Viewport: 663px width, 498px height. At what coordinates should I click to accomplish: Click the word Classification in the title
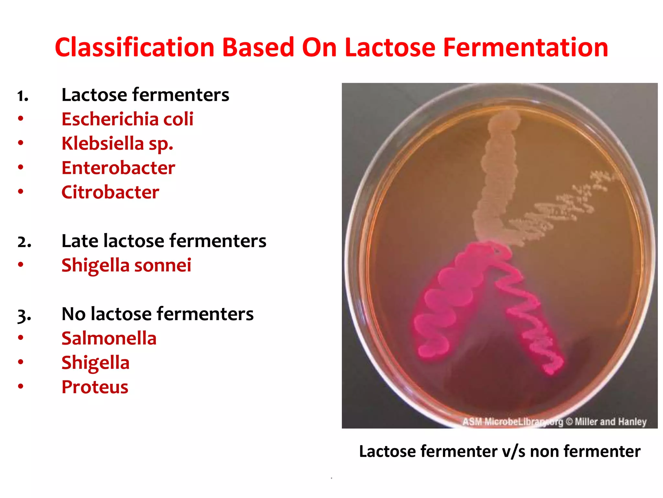click(x=135, y=48)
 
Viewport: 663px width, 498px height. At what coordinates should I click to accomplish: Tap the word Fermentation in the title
click(x=525, y=48)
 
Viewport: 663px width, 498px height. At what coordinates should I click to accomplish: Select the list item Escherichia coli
click(x=127, y=119)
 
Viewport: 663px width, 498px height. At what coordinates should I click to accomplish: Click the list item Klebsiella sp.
click(x=117, y=143)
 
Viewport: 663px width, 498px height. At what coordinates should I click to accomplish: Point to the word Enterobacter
click(x=118, y=168)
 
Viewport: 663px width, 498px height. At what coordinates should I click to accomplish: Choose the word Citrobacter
click(x=110, y=192)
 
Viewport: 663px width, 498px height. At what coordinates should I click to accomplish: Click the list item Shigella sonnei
click(x=126, y=265)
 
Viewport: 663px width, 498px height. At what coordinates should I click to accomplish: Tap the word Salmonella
click(x=109, y=338)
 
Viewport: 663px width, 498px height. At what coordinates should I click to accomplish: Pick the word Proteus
click(x=95, y=387)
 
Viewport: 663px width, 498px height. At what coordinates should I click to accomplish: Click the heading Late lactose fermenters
click(x=164, y=241)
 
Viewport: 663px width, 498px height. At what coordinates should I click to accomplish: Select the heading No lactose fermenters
click(x=157, y=314)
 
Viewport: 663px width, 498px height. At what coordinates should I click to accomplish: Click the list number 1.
click(x=23, y=96)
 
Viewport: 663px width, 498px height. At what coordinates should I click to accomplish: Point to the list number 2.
click(x=24, y=242)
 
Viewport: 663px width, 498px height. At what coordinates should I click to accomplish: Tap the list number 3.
click(x=24, y=315)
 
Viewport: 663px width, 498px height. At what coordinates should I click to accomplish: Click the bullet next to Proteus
click(x=21, y=386)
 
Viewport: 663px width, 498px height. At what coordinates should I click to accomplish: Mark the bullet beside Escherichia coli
click(x=21, y=118)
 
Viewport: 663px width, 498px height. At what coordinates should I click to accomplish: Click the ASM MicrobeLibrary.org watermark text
click(x=512, y=422)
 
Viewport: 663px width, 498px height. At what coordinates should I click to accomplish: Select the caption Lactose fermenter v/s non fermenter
click(x=500, y=451)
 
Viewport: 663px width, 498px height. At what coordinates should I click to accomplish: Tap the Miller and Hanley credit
click(x=610, y=421)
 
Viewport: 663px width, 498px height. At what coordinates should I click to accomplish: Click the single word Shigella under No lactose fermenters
click(x=95, y=362)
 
